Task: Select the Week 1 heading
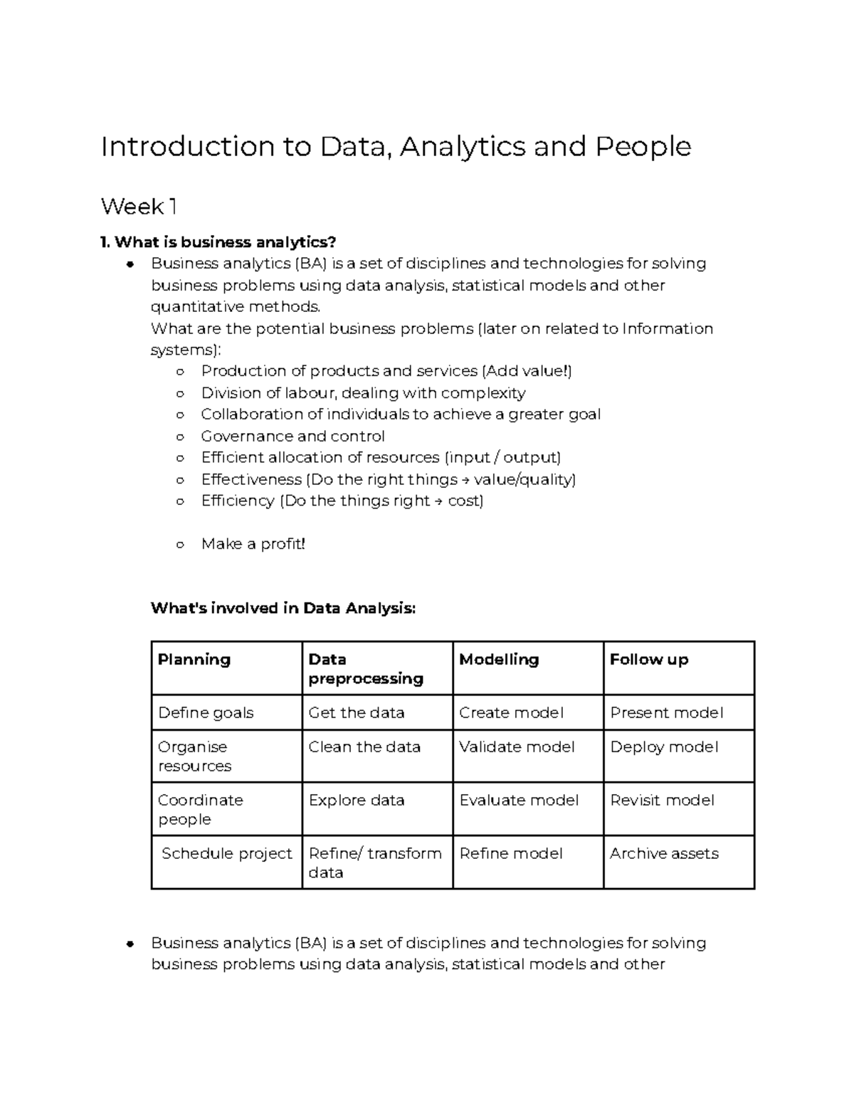pos(139,207)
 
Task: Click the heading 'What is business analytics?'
pos(218,242)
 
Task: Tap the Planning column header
pos(194,659)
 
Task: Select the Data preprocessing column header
pos(365,669)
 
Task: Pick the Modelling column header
pos(499,659)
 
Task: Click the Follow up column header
pos(649,659)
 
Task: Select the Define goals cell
pos(206,713)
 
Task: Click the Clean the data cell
pos(364,747)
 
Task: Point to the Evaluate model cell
pos(519,800)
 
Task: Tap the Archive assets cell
pos(664,854)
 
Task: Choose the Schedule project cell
pos(227,854)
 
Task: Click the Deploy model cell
pos(664,747)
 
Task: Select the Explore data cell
pos(357,800)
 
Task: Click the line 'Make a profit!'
pos(253,544)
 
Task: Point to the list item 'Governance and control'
pos(292,437)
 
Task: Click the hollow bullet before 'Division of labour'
pos(180,393)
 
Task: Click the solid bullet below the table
pos(130,944)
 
